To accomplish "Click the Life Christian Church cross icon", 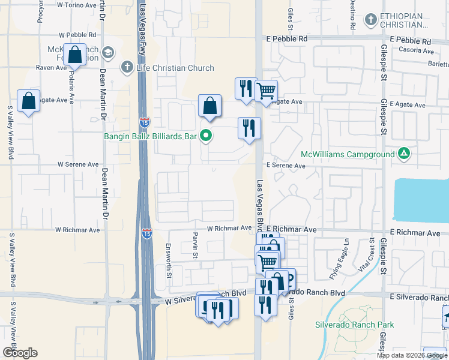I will pos(127,67).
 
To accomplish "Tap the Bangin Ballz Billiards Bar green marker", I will pos(206,136).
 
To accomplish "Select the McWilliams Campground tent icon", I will pos(405,154).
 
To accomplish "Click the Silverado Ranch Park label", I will pos(354,325).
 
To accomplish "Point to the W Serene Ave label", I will pos(78,164).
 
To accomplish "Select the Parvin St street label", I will pos(195,245).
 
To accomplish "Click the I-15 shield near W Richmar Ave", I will pos(146,234).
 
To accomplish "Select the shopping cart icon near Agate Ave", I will pos(266,91).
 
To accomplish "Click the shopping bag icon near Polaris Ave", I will pos(75,55).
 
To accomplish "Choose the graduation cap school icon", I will pos(108,52).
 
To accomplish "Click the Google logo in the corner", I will pos(20,352).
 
